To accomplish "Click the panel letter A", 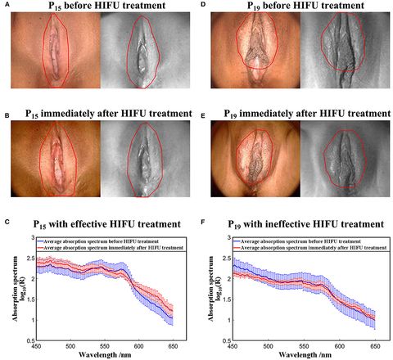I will tap(4, 5).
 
